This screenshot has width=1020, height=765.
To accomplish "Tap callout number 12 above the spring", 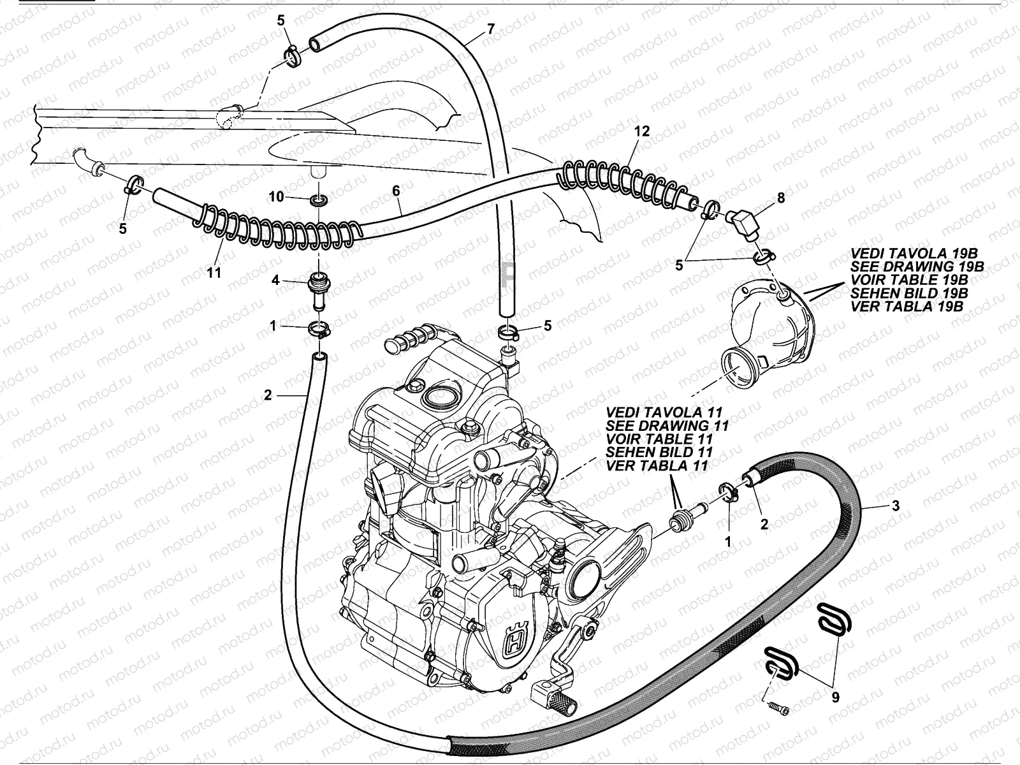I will click(642, 131).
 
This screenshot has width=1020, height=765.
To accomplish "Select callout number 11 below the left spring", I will click(214, 272).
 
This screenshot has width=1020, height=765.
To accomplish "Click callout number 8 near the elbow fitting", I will click(781, 198).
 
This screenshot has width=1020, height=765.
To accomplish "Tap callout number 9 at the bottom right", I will click(834, 697).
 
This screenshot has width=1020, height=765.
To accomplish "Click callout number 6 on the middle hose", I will click(396, 191).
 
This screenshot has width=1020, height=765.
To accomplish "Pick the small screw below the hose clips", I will click(779, 709).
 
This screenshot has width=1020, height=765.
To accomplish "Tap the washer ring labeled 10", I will click(319, 201).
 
